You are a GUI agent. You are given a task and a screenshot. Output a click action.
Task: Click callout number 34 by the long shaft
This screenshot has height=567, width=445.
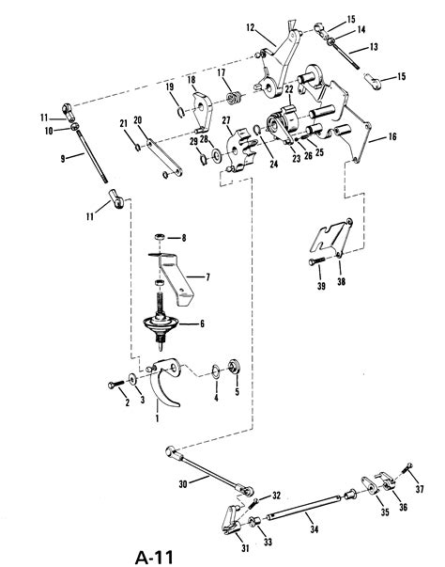[x=315, y=530]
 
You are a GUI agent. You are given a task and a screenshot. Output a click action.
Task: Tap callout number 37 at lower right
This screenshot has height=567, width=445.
[x=420, y=488]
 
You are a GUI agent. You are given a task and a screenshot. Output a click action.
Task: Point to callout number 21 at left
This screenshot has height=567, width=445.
[x=122, y=123]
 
